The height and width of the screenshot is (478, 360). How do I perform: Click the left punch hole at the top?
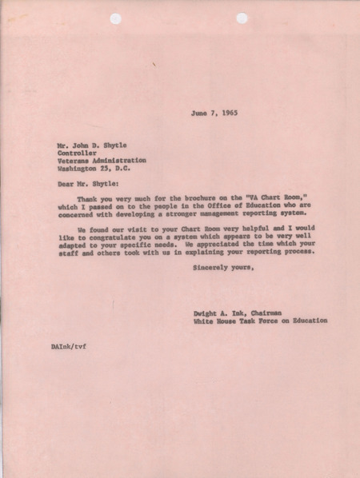point(116,18)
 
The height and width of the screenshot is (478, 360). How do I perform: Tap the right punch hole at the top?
point(242,18)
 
